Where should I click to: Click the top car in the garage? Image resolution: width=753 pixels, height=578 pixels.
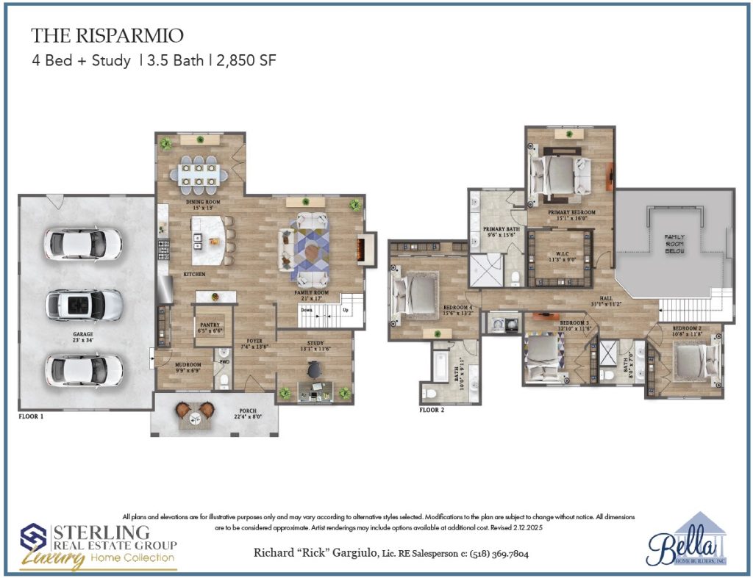[83, 242]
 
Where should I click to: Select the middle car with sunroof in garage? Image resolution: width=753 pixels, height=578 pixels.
[85, 303]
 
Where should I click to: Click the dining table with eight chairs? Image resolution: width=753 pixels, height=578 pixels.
[196, 174]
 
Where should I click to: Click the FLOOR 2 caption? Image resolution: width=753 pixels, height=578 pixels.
[433, 411]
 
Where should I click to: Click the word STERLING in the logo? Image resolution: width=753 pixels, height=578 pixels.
[101, 531]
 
